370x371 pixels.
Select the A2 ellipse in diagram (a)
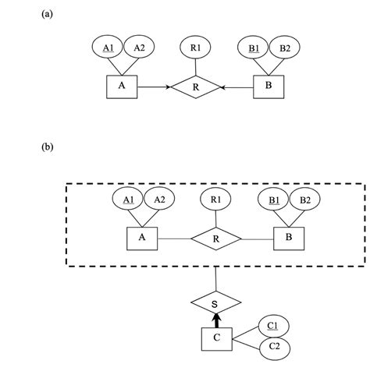click(x=139, y=48)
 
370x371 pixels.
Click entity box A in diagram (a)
click(x=121, y=87)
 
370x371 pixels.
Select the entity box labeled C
click(x=216, y=339)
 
